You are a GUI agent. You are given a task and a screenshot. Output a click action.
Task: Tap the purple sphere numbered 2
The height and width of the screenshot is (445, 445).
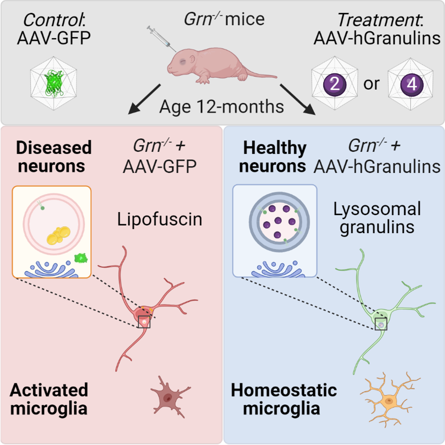pyautogui.click(x=335, y=84)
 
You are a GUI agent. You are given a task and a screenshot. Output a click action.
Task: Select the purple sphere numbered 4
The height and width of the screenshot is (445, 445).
pyautogui.click(x=412, y=84)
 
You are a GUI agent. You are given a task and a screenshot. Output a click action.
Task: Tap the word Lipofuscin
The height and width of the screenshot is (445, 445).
pyautogui.click(x=160, y=219)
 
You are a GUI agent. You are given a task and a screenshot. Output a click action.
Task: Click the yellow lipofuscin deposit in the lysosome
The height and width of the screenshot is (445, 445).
pyautogui.click(x=59, y=235)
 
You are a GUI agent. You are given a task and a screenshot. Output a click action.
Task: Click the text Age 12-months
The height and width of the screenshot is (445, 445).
pyautogui.click(x=221, y=107)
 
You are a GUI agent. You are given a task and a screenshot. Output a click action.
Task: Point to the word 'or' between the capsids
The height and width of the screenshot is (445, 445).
pyautogui.click(x=371, y=84)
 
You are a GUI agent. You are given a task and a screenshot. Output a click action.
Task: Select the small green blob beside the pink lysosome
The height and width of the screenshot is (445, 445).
pyautogui.click(x=81, y=258)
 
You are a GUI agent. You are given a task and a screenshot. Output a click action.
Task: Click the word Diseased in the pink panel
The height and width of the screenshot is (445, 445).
pyautogui.click(x=54, y=148)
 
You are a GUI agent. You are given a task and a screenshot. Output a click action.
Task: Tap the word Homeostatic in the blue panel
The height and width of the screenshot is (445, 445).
pyautogui.click(x=284, y=390)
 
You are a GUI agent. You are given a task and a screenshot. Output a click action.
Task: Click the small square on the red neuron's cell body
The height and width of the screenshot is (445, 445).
pyautogui.click(x=144, y=322)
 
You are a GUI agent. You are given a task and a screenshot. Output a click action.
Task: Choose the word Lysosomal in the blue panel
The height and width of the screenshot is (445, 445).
pyautogui.click(x=377, y=209)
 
